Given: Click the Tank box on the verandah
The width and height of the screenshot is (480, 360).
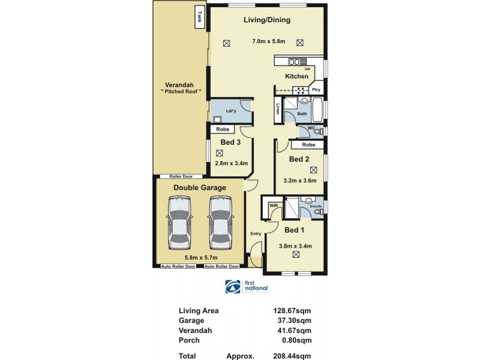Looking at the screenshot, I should pos(199,18).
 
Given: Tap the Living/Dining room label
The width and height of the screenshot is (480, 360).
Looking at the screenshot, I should pos(267,20).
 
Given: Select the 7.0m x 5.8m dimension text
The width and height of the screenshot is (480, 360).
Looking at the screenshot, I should pos(268,41).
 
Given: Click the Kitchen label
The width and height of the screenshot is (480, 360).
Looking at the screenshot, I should pos(296,76).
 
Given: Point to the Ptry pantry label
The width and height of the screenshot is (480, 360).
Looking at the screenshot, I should pos(316,90).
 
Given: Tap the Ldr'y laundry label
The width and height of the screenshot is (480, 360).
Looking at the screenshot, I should pos(230,110).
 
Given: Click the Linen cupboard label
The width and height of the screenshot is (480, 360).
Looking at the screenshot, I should pos(278,109).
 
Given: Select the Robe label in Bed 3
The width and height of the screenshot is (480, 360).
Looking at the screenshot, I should pos(223,129).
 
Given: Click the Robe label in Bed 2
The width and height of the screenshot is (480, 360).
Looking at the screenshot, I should pos(308,145).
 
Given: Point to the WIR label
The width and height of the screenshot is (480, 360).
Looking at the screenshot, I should pos(274,206).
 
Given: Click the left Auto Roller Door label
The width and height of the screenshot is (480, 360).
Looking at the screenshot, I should pos(178,266).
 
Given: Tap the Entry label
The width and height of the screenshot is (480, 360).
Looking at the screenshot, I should pos(256,234).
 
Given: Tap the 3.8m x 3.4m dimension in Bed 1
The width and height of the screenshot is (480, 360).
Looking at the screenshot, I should pos(295,245).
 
